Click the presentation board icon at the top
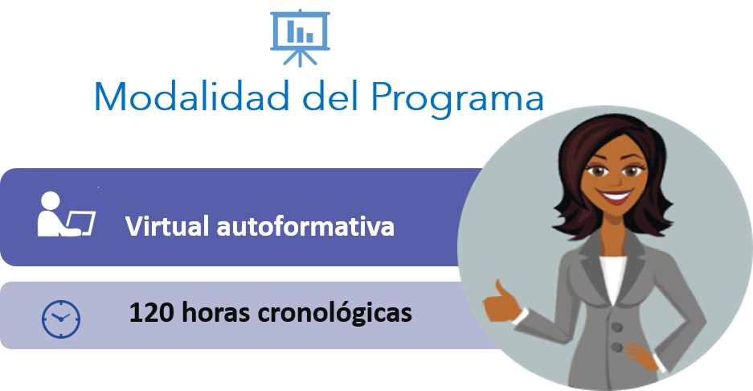click(300, 38)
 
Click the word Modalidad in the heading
click(191, 97)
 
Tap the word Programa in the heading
click(457, 100)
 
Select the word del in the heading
click(330, 97)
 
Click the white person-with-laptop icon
click(66, 214)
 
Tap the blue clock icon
click(61, 319)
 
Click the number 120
click(151, 312)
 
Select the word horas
click(216, 312)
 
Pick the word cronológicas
click(335, 313)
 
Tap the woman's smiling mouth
click(614, 196)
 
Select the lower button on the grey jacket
click(618, 347)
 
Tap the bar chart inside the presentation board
click(300, 31)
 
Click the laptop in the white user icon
click(80, 223)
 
